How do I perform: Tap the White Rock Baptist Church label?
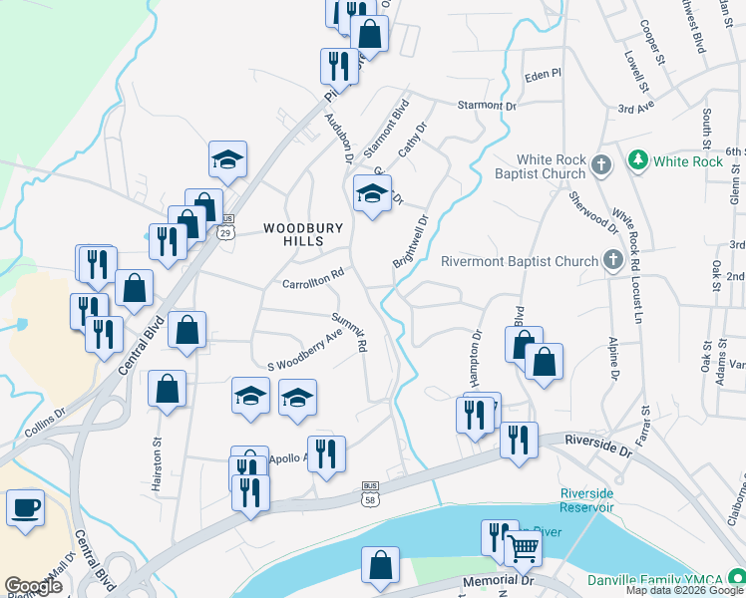coord(537,167)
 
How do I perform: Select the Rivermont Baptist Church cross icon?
coord(613,262)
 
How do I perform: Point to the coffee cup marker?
coord(25,508)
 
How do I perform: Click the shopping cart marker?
coord(523,546)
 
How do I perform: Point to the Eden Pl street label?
coord(544,75)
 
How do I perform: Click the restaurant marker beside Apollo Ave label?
coord(325,454)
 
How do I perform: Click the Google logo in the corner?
coord(33,585)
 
